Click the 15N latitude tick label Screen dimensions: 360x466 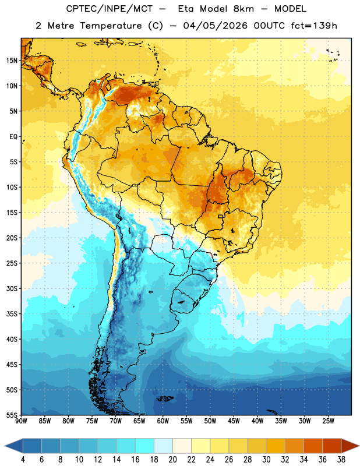click(x=12, y=61)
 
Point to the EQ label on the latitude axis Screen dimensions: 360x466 click(x=13, y=137)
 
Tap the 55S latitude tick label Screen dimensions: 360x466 click(x=12, y=415)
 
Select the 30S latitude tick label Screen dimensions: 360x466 click(x=12, y=288)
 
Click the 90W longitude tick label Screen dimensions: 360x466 click(x=22, y=421)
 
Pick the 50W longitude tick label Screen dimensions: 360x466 click(x=210, y=421)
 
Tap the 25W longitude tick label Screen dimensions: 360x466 click(x=328, y=421)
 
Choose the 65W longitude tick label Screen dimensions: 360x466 click(x=139, y=421)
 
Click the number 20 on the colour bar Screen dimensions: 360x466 click(x=172, y=460)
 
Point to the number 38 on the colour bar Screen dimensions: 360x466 click(x=341, y=460)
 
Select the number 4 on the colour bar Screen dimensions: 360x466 click(x=23, y=460)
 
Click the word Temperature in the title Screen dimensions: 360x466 click(x=111, y=26)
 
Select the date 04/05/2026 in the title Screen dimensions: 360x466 click(x=215, y=26)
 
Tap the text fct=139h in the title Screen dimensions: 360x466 click(x=314, y=26)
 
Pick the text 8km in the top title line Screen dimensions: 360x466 click(x=243, y=9)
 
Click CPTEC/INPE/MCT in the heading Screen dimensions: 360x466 click(x=110, y=9)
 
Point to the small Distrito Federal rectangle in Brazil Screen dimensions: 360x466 click(x=221, y=216)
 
